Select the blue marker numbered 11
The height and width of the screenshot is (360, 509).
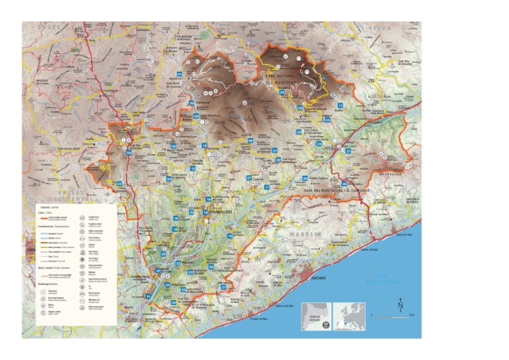click(340, 106)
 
